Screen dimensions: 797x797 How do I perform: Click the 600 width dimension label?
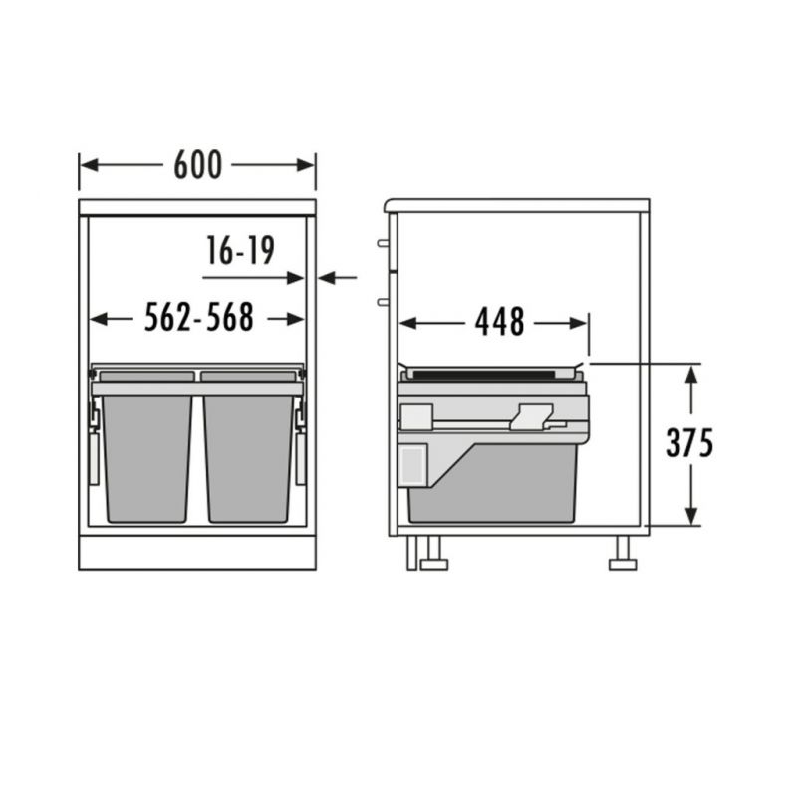pos(197,165)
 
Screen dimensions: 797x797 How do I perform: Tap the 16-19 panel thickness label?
pos(240,251)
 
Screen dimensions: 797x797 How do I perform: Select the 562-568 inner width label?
pos(198,317)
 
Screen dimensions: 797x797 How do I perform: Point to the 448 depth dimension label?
pos(499,322)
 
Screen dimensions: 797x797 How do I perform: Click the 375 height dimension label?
pos(689,443)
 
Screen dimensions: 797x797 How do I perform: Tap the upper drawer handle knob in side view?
pos(383,243)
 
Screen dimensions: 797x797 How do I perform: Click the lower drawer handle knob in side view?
pos(383,302)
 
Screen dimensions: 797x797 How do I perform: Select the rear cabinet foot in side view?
pos(623,553)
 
